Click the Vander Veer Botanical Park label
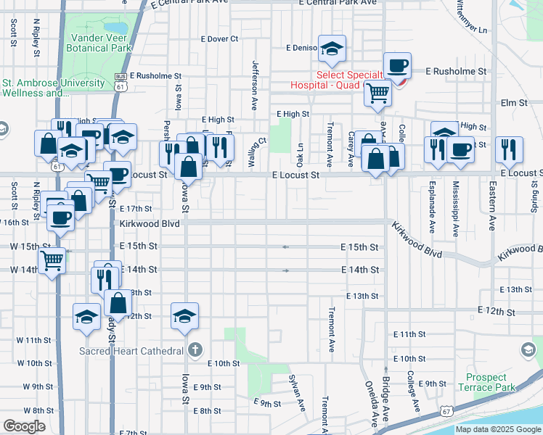[101, 43]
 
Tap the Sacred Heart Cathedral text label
[131, 352]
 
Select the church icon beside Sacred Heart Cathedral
[194, 351]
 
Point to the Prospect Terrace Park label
[491, 382]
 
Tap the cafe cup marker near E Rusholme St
[397, 67]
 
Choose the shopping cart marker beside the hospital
[377, 93]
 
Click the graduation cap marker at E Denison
[332, 49]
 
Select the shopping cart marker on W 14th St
[52, 260]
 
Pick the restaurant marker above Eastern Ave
[509, 149]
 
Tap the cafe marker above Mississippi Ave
[462, 149]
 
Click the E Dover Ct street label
[220, 38]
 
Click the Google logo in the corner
[25, 426]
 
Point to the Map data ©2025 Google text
[498, 429]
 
